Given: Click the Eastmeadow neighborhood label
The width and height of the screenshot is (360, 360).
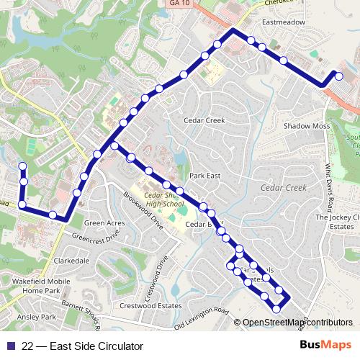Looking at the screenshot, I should click(x=284, y=22).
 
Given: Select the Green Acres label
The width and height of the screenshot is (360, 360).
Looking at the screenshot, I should click(x=106, y=223).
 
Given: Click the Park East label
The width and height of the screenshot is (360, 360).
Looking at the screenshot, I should click(x=203, y=175).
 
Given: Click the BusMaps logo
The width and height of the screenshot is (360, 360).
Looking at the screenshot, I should click(x=326, y=346).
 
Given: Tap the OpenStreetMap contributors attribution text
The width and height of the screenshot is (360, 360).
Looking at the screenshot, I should click(x=297, y=323).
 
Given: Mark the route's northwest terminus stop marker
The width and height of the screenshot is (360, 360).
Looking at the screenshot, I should click(x=22, y=167).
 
